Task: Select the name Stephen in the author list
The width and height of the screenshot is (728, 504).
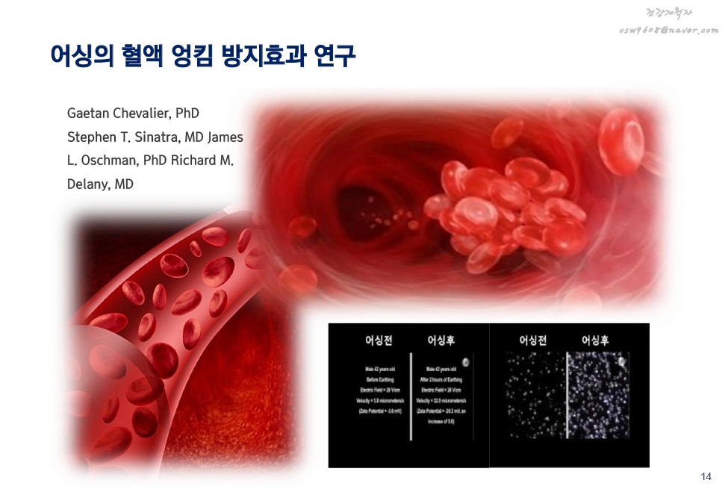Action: coord(90,137)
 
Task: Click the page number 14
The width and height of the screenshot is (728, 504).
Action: coord(706,477)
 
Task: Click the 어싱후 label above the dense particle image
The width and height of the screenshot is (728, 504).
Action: coord(596,340)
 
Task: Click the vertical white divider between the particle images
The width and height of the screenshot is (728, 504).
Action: coord(567,396)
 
